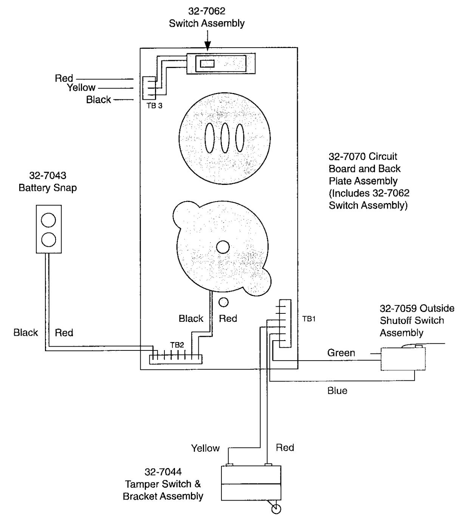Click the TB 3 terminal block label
[155, 105]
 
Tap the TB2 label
[177, 345]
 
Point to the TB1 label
[309, 319]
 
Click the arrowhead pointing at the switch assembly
[207, 46]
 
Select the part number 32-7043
[48, 175]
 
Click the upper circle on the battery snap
[48, 220]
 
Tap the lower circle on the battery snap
[48, 240]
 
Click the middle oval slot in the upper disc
[225, 138]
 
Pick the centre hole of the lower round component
[223, 247]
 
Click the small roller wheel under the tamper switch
[276, 509]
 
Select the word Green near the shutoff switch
[341, 353]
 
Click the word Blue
[337, 391]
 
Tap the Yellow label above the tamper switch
[205, 448]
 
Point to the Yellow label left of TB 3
[81, 87]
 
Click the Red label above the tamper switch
[285, 447]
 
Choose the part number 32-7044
[163, 471]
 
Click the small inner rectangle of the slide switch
[207, 64]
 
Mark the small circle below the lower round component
[224, 302]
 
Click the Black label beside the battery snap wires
[25, 332]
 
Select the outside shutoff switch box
[403, 359]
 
